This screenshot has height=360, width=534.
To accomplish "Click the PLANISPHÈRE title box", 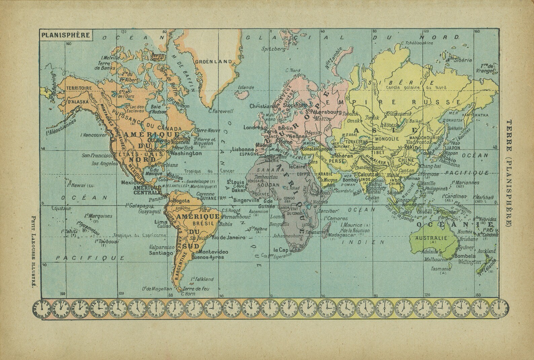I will click(x=65, y=35).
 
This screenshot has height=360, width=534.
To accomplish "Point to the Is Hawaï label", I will click(x=77, y=186).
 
